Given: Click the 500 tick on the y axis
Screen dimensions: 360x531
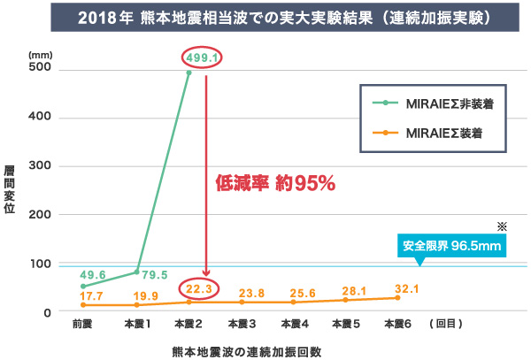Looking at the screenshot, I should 41,69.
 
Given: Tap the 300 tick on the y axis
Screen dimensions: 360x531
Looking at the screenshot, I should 41,166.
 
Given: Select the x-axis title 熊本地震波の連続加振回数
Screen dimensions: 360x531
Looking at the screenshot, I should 246,349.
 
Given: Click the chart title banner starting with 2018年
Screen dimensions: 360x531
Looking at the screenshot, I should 265,18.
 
